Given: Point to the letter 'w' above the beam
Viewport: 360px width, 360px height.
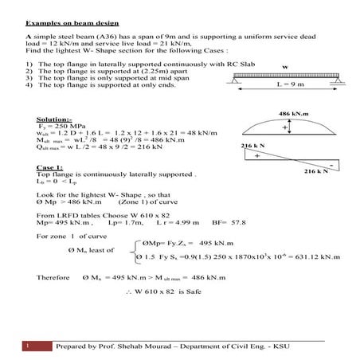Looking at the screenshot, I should pyautogui.click(x=284, y=67).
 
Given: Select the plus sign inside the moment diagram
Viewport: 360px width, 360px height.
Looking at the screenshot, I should pyautogui.click(x=285, y=127).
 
